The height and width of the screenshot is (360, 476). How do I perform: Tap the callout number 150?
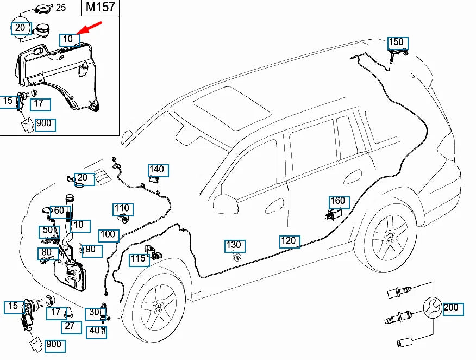point(397,42)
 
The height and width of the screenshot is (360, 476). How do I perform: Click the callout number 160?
point(337,201)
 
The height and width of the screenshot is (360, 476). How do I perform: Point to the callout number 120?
point(290,240)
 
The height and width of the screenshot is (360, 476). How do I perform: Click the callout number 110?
point(122,209)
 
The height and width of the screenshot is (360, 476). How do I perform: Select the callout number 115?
point(139,259)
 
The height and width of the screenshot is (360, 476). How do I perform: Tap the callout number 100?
point(109,235)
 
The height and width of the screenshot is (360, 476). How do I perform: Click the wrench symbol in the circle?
point(433,308)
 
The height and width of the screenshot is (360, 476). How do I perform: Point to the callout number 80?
point(47,253)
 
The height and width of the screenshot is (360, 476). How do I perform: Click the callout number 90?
point(90,250)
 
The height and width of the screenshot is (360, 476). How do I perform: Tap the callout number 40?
point(95,330)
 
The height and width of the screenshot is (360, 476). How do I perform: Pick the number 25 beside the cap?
point(61,8)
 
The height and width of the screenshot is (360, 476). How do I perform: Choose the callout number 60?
point(59,211)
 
